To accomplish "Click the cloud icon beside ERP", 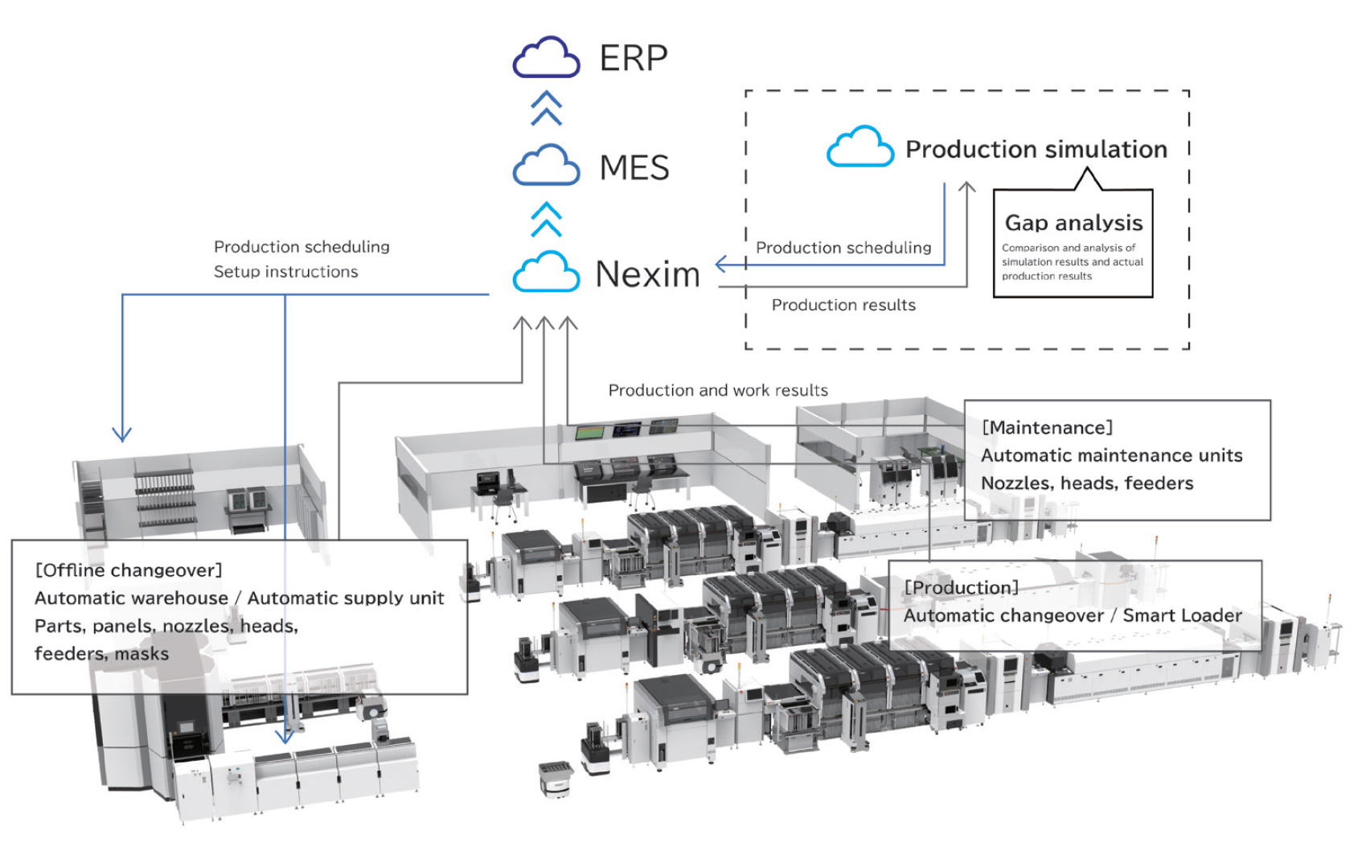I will click(x=546, y=58).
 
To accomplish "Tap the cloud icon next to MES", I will click(x=546, y=167).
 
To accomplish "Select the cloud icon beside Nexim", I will click(x=546, y=273).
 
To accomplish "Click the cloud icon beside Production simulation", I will click(x=859, y=147).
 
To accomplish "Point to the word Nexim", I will click(x=647, y=274).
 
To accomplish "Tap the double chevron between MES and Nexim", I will click(x=546, y=219).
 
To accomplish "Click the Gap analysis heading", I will click(x=1073, y=223).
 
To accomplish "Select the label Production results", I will click(x=843, y=305).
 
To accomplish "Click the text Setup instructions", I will click(x=285, y=272).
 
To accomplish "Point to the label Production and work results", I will click(x=718, y=390).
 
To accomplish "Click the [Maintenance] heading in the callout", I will click(x=1047, y=427).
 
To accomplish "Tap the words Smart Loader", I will click(x=1182, y=615).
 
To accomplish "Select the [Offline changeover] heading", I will click(x=129, y=570).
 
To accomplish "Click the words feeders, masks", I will click(x=101, y=653).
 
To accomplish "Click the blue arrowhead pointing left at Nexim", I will click(x=721, y=264).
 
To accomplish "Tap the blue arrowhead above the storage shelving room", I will click(x=121, y=434).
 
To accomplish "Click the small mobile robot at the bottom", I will click(x=554, y=778).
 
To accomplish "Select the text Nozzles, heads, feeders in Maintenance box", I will click(x=1086, y=483).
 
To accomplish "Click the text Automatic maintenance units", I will click(x=1111, y=455).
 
